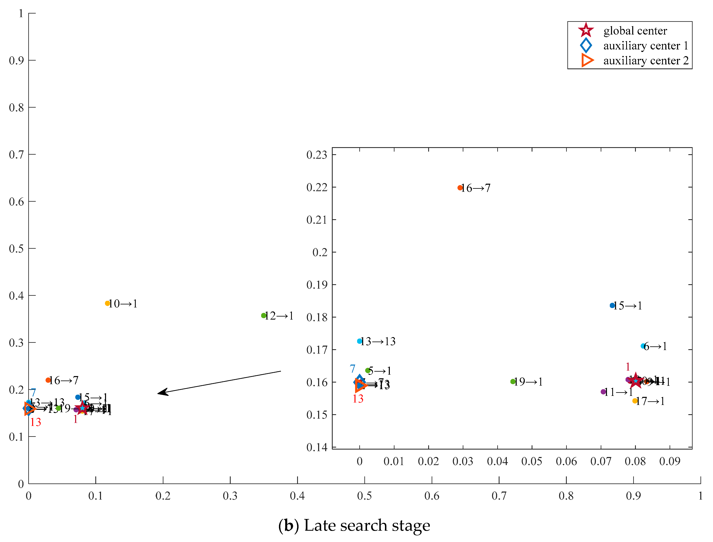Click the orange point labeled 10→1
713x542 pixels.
coord(107,303)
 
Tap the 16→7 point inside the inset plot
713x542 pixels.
coord(460,188)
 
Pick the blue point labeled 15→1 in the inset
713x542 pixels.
coord(612,306)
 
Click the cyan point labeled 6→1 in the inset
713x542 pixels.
coord(643,346)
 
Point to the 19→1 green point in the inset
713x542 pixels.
coord(513,382)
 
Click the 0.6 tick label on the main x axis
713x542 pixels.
coord(432,496)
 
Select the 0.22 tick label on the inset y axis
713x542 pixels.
coord(317,188)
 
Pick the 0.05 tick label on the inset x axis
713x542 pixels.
coord(532,461)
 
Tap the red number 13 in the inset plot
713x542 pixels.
coord(358,399)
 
